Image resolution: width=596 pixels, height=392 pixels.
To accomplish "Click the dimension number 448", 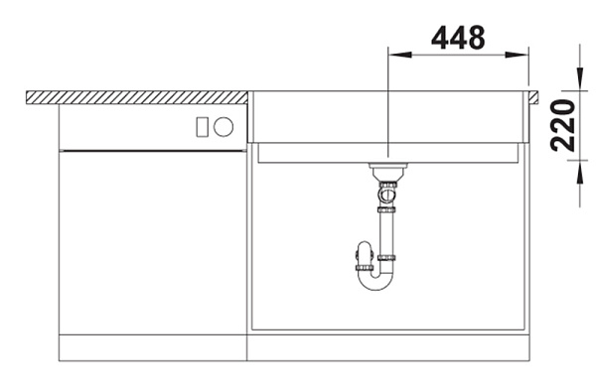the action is pos(458,38).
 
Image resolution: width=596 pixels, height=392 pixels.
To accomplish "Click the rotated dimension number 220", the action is pos(563,125).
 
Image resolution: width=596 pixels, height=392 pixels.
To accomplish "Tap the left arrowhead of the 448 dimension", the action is pos(400,55).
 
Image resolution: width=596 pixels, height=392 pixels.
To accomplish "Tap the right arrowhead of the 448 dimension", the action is pos(517,55).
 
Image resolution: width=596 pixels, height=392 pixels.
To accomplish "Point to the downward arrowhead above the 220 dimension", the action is pos(580,79).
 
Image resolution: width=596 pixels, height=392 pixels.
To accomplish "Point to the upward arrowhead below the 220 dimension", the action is pos(580,172).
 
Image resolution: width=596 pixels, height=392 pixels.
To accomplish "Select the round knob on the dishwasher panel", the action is pos(223,126).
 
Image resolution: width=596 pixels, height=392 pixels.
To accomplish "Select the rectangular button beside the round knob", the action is pos(202,127).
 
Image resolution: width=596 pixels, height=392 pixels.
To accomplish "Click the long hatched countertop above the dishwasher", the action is pos(137,97).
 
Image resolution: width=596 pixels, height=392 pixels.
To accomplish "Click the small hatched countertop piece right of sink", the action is pos(532,97).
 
